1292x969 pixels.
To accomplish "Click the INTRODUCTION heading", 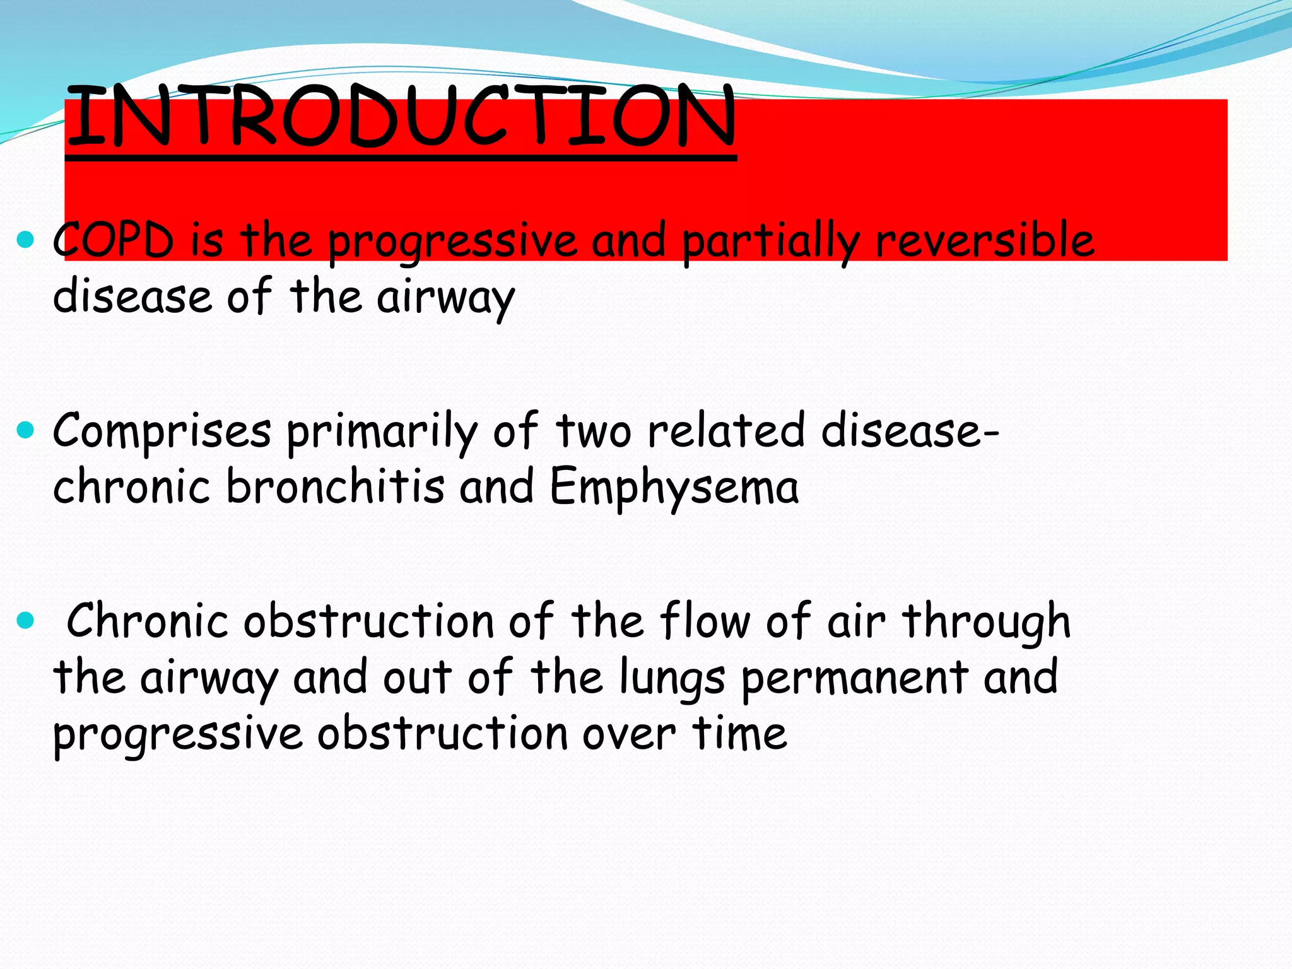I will tap(401, 117).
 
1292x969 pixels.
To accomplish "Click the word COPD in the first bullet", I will tap(114, 240).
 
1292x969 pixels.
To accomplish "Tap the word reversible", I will tap(985, 240).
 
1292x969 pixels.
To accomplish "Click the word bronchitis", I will tap(335, 487).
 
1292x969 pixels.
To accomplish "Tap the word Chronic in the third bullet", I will tap(147, 621).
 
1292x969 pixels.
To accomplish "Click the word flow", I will tap(705, 621).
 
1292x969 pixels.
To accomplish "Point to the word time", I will tap(739, 733).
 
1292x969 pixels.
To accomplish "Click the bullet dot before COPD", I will tap(25, 240).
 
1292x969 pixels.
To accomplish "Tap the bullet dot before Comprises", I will tap(25, 431).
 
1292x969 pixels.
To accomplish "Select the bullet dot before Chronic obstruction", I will tap(25, 621).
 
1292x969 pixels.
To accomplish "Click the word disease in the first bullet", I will tap(132, 296).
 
